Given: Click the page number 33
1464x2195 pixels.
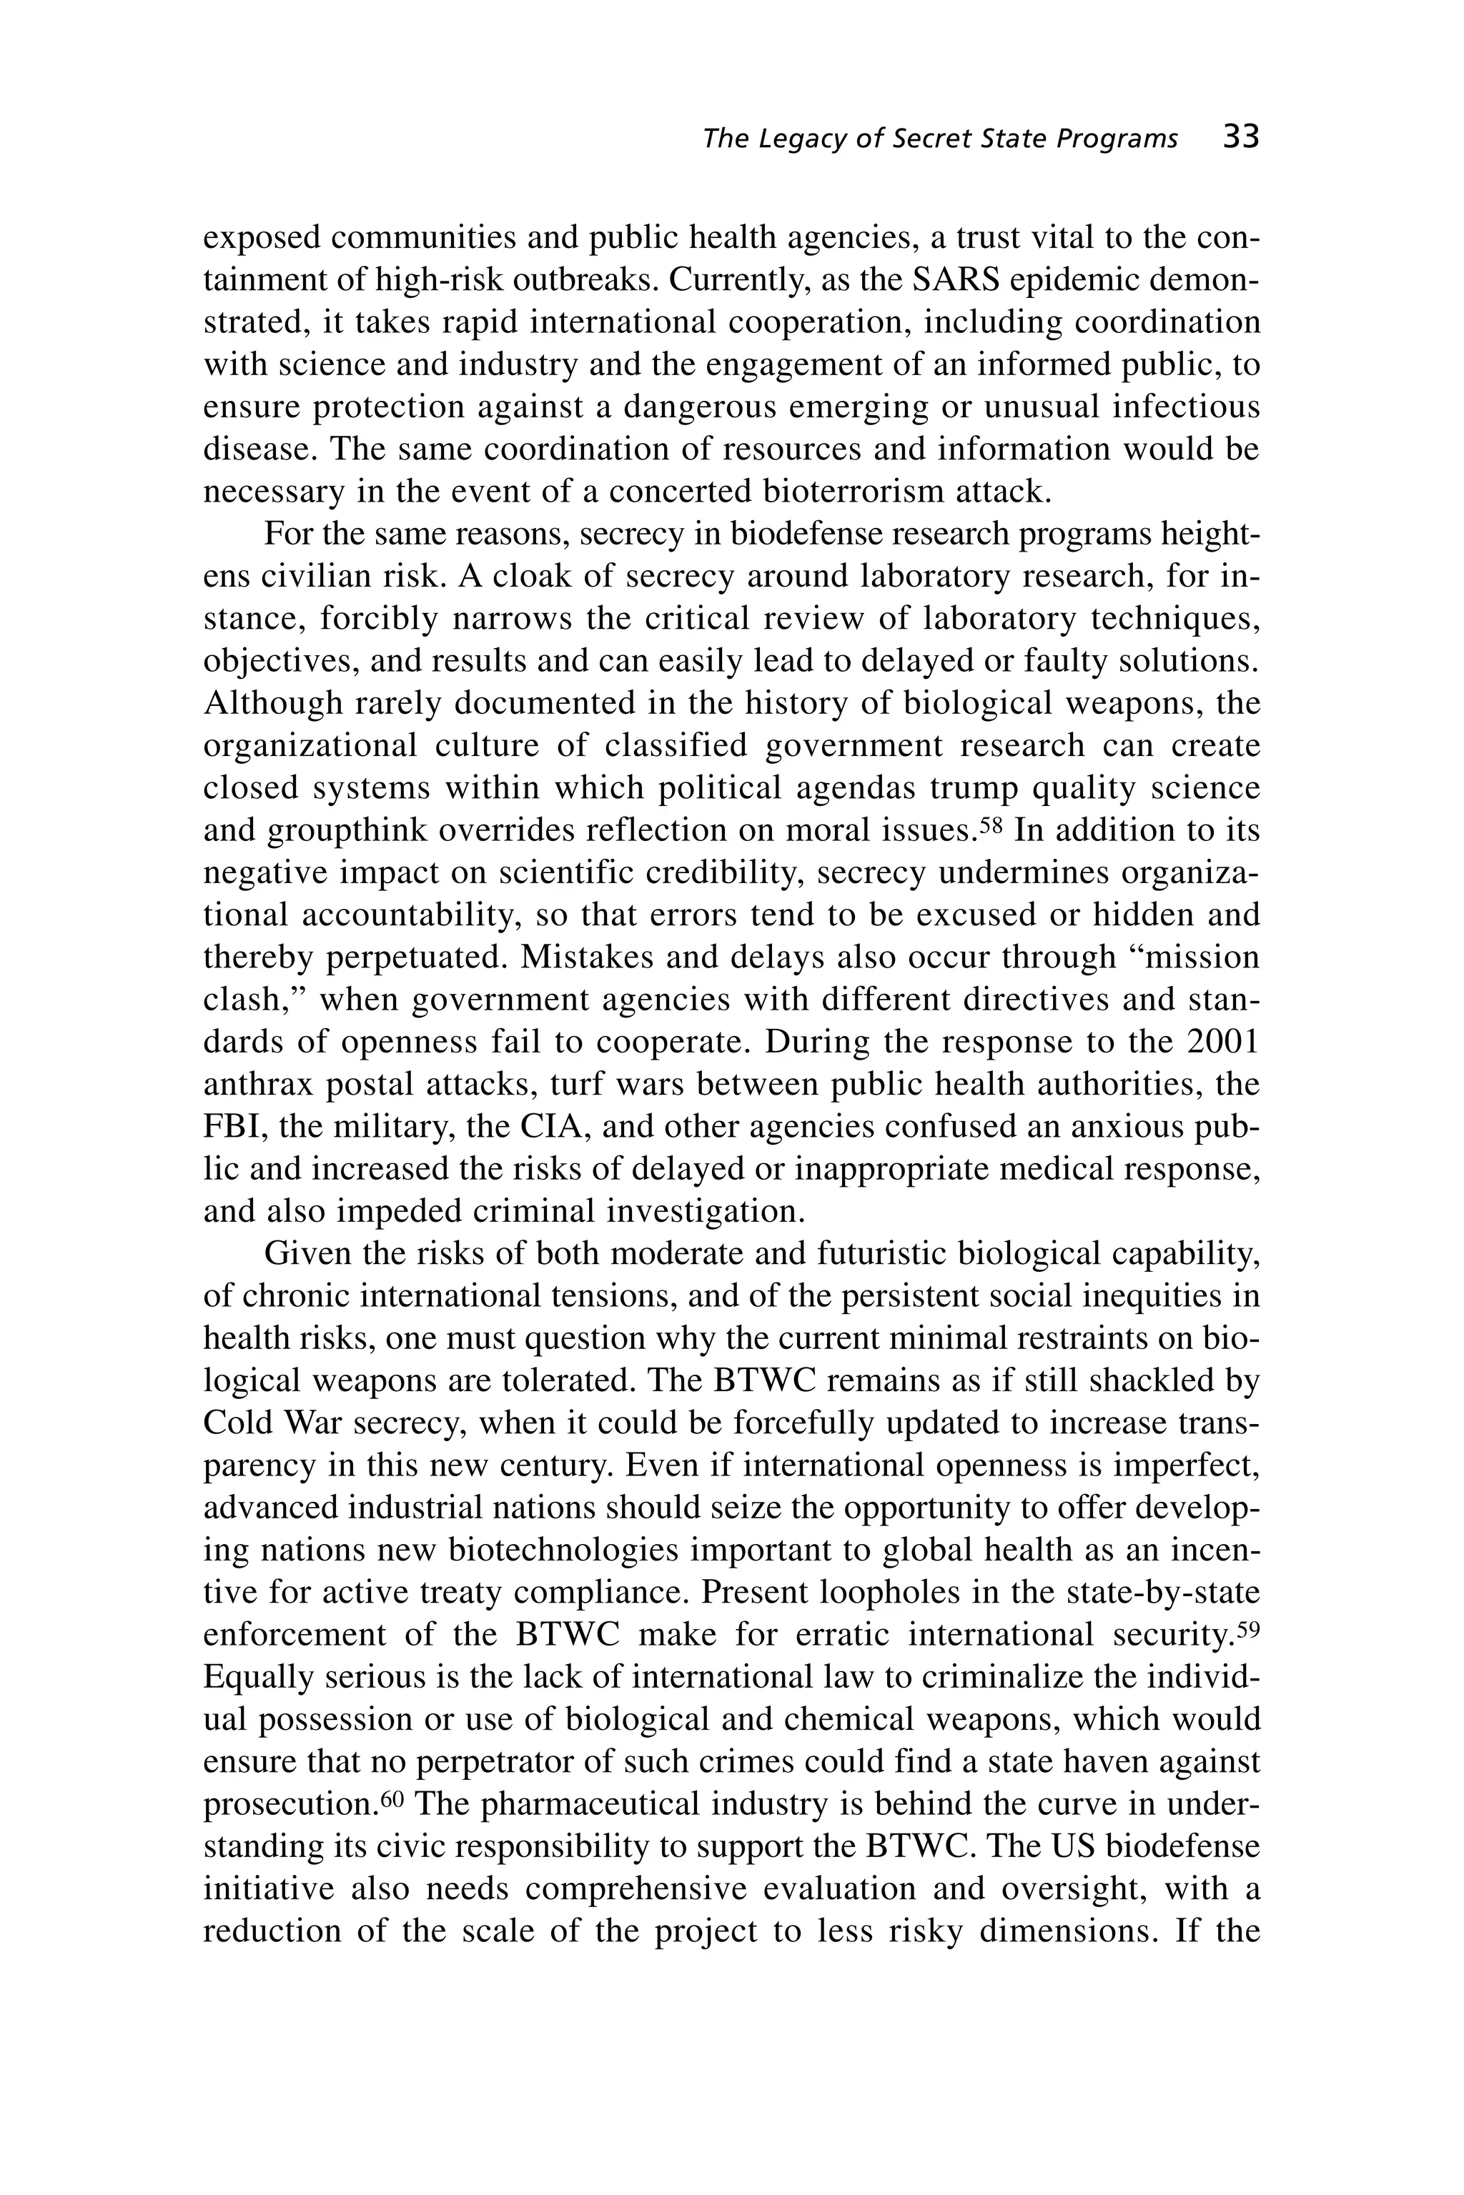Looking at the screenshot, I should [x=1241, y=138].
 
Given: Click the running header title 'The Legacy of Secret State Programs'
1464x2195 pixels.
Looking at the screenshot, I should [x=939, y=139].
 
